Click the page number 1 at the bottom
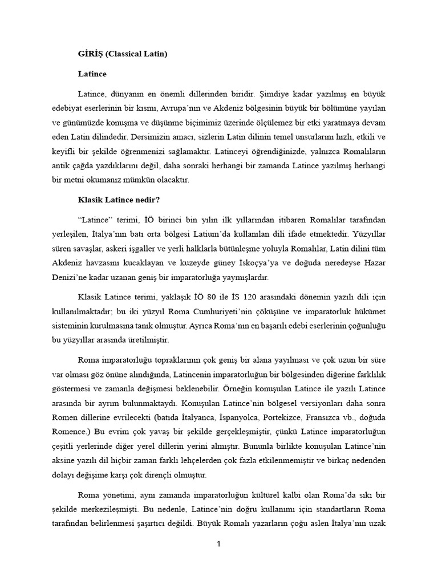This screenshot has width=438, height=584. (218, 544)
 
